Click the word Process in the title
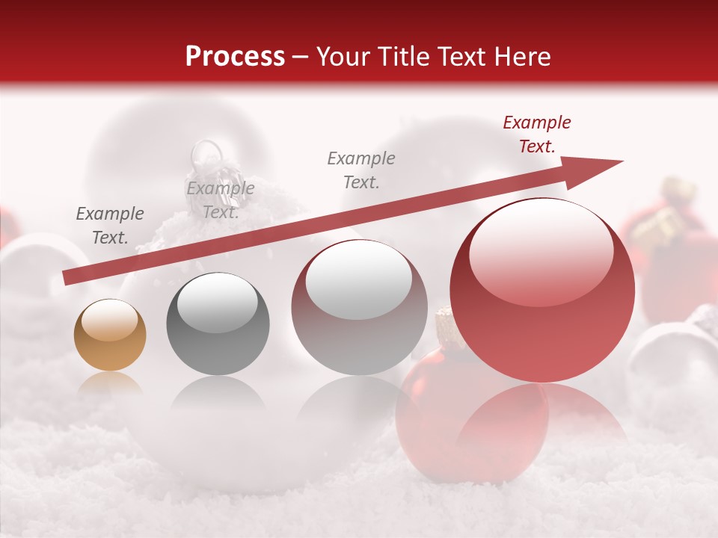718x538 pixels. (235, 57)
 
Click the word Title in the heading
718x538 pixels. (409, 57)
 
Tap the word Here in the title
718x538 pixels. (522, 57)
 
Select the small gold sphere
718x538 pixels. (110, 335)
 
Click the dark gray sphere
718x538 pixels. (218, 324)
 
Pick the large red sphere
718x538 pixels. (541, 290)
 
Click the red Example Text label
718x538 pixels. (536, 134)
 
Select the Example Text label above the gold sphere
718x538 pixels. (110, 226)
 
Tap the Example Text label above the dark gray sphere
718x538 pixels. (220, 200)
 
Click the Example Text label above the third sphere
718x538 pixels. (361, 170)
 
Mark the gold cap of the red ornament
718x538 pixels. (444, 323)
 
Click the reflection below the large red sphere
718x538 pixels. (541, 418)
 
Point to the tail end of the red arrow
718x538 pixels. (67, 278)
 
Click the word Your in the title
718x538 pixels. (346, 57)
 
